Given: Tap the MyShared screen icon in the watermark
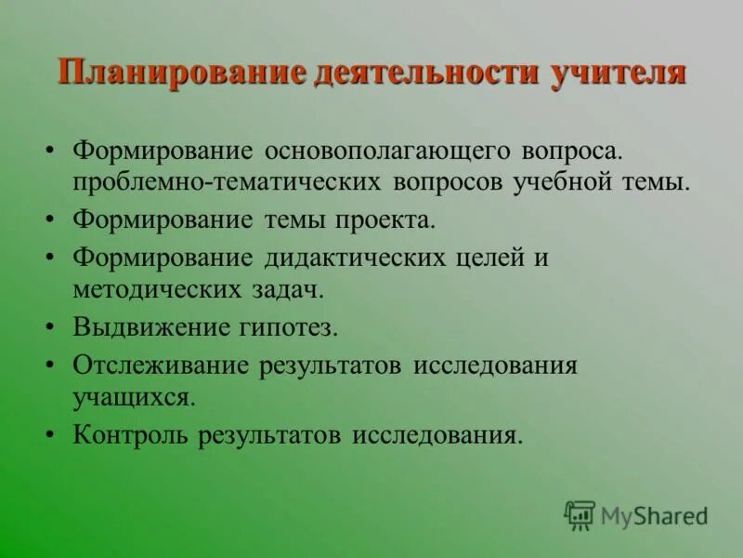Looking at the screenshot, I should (x=580, y=514).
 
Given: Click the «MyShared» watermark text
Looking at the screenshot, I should (x=654, y=515).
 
